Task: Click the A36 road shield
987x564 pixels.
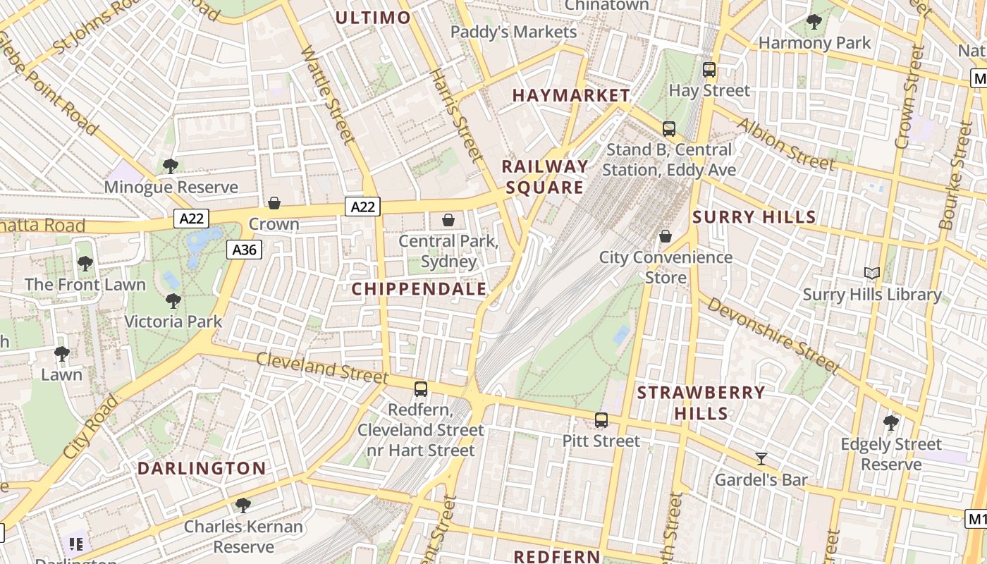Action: tap(244, 250)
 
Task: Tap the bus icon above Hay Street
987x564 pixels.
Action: tap(709, 70)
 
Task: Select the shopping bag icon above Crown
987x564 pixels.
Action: tap(274, 203)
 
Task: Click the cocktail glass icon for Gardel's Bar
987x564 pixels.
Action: tap(761, 459)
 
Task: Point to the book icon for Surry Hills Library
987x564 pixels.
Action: tap(872, 273)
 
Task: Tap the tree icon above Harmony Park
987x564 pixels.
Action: tap(814, 22)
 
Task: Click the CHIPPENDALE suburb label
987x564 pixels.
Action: tap(419, 289)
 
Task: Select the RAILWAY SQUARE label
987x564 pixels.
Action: tap(545, 177)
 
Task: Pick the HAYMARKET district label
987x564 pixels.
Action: tap(571, 95)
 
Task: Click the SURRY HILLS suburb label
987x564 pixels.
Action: tap(754, 217)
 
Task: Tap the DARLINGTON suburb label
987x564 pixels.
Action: tap(202, 468)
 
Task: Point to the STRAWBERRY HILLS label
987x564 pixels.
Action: tap(701, 403)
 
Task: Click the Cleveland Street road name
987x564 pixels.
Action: tap(321, 368)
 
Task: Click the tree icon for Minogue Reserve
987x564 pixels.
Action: tap(170, 166)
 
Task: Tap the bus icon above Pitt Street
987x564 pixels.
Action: tap(601, 420)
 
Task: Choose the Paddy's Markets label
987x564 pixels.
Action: tap(513, 32)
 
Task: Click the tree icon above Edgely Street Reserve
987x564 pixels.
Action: tap(891, 423)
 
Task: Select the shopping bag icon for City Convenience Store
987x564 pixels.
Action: tap(666, 236)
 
